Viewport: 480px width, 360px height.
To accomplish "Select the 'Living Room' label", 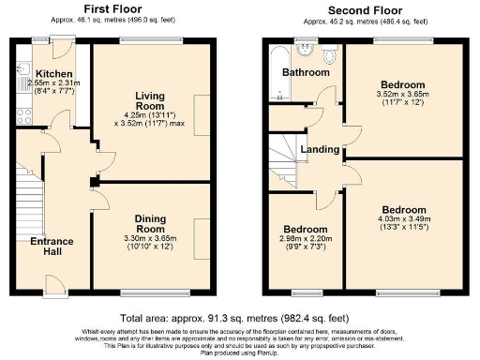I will point(149,100).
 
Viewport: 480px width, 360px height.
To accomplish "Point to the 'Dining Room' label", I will point(149,221).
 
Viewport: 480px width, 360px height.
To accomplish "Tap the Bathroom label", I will point(307,72).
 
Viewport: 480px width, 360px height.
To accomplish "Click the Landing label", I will point(320,150).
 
